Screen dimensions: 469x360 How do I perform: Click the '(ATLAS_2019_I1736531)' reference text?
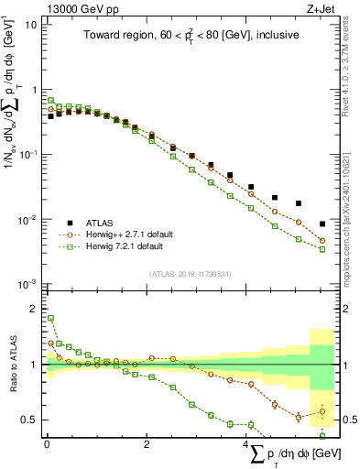190,274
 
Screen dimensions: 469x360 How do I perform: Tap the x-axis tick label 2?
147,444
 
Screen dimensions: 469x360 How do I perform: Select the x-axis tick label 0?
47,444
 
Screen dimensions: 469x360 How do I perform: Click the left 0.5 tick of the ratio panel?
28,420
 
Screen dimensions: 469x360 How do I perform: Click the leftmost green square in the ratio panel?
50,318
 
